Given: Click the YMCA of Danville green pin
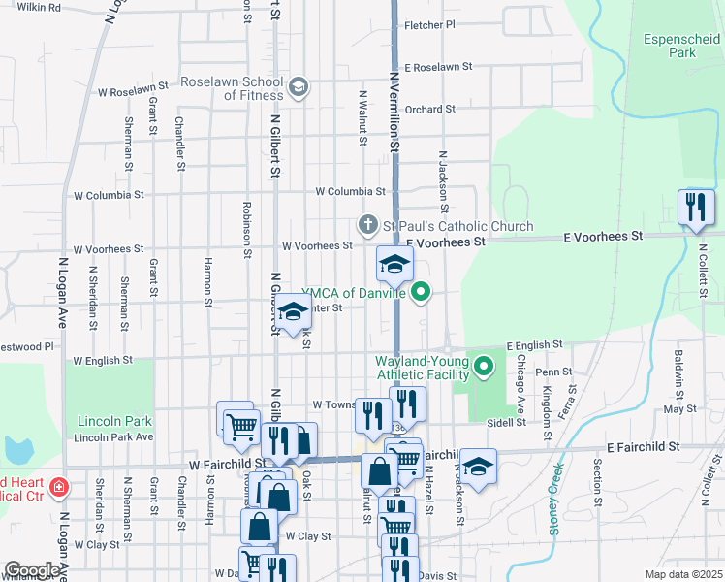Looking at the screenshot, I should (x=421, y=291).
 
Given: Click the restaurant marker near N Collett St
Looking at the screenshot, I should (x=696, y=207).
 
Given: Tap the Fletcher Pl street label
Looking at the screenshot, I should (x=429, y=25).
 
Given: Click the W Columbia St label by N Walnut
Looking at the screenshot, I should (x=350, y=192).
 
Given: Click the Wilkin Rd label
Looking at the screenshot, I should (x=40, y=7).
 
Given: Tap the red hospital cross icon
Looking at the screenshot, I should (x=58, y=484).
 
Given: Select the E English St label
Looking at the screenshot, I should (x=534, y=345).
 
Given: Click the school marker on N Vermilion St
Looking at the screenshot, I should (x=394, y=264).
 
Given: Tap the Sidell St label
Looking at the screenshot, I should (x=507, y=423).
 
